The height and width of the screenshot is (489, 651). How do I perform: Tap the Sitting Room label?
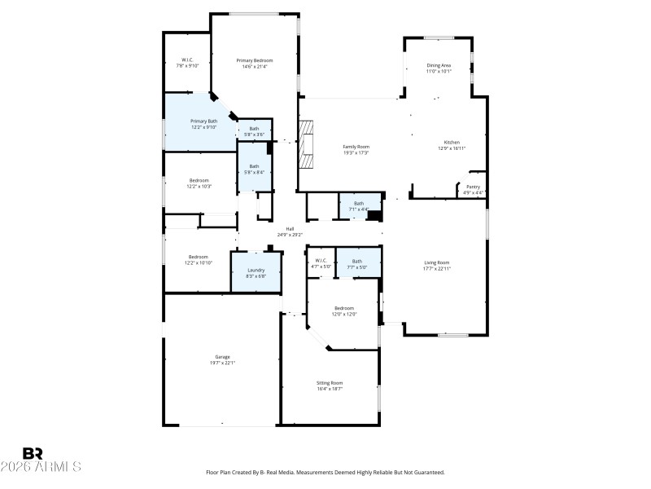coord(330,382)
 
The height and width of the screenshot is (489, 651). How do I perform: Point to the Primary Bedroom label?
coord(255,60)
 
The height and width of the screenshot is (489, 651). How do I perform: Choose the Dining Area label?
coord(439,65)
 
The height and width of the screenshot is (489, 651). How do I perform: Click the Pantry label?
coord(473,187)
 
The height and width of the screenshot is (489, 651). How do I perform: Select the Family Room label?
coord(356,147)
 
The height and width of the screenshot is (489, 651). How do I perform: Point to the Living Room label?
coord(437,262)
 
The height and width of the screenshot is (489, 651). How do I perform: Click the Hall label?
coord(290,229)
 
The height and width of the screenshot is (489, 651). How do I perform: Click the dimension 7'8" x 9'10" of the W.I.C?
coord(188,66)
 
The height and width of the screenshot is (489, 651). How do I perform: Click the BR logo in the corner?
coord(33,453)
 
